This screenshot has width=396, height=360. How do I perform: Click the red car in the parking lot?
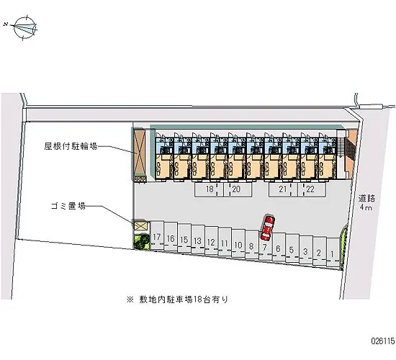(x=267, y=228)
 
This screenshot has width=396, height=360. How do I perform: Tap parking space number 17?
(x=157, y=235)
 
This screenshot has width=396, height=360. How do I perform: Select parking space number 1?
(x=333, y=252)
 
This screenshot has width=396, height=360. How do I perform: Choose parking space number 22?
(x=312, y=189)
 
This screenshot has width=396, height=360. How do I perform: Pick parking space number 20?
(x=238, y=189)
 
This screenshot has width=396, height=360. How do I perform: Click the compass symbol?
(x=24, y=28)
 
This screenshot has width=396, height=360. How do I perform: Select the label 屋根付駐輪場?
(x=71, y=146)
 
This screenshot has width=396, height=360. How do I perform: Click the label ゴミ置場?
(x=68, y=206)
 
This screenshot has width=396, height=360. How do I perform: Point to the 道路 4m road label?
(x=366, y=203)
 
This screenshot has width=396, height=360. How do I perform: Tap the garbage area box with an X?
(x=140, y=225)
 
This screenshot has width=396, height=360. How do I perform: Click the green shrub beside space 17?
(x=142, y=242)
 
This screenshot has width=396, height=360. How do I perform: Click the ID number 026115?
(x=382, y=341)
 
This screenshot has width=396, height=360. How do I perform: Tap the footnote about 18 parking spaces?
(x=178, y=300)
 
